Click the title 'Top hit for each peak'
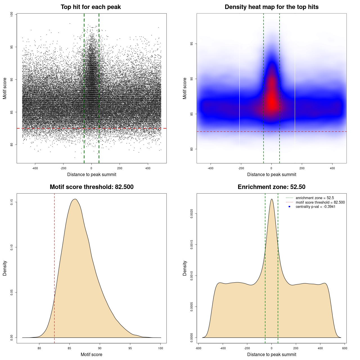pos(91,7)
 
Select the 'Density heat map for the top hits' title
pos(271,7)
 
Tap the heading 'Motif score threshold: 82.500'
pos(91,187)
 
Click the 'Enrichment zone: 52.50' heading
pos(271,187)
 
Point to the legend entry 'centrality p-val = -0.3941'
pos(315,207)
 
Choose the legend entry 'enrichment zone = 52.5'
pos(315,198)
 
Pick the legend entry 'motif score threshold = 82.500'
pos(320,202)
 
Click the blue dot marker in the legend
pos(289,207)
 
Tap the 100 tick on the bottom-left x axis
pos(160,348)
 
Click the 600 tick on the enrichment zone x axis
pos(345,348)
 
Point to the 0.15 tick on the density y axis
pos(12,202)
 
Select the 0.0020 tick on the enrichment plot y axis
pos(192,214)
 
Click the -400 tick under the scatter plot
pos(35,168)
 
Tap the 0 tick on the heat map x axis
pos(271,168)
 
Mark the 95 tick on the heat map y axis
pos(192,44)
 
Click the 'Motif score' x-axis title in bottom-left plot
pos(91,354)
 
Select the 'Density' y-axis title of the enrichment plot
pos(185,268)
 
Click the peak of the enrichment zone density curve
pos(271,199)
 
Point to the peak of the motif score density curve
pos(75,199)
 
